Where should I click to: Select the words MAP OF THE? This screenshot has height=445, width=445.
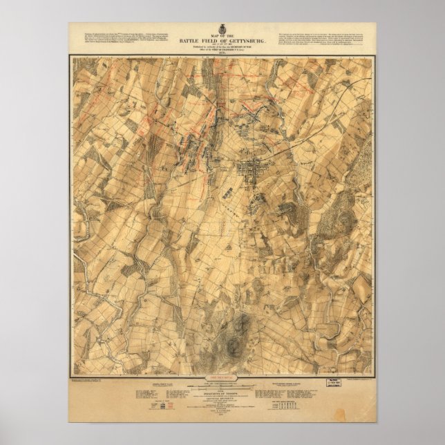point(222,34)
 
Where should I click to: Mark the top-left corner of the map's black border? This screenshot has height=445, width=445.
point(70,57)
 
